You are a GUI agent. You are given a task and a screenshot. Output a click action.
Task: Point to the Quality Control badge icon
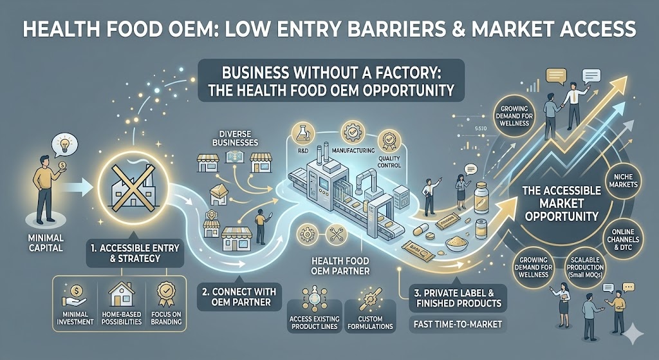pyautogui.click(x=388, y=138)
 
